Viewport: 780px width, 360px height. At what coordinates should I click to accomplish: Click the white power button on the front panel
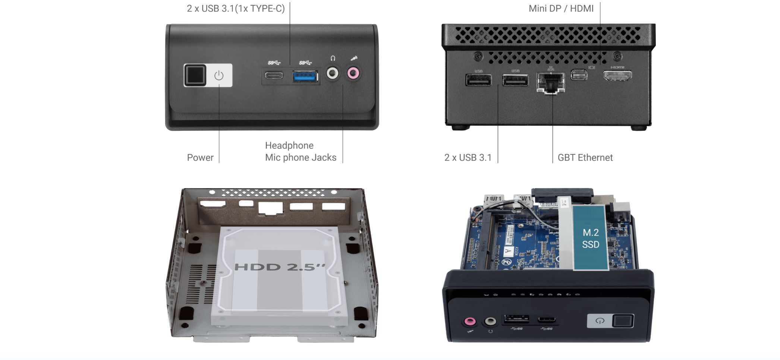point(219,75)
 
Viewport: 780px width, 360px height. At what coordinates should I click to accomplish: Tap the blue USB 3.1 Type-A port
point(305,76)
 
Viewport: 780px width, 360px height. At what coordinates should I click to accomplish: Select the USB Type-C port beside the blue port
point(274,75)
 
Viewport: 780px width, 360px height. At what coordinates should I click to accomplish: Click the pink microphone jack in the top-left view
point(353,73)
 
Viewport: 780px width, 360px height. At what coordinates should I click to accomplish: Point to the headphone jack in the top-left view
point(333,73)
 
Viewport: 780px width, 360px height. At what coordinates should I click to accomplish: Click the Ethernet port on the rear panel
point(551,82)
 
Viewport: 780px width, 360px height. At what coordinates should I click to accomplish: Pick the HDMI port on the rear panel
point(617,76)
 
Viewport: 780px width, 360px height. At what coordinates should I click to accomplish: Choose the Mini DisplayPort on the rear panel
point(579,75)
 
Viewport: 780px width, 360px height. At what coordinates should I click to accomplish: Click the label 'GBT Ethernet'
point(585,158)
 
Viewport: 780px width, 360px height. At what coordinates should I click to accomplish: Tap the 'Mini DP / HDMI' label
point(561,9)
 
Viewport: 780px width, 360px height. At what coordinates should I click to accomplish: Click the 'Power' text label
point(200,158)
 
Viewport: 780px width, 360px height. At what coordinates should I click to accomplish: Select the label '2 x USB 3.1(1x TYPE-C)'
point(236,9)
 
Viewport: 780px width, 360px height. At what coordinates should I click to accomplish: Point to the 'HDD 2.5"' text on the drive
point(280,267)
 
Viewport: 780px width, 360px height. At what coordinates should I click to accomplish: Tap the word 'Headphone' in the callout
point(289,145)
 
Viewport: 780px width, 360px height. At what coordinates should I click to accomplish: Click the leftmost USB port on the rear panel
point(478,80)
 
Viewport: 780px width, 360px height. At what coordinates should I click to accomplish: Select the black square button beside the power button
point(195,75)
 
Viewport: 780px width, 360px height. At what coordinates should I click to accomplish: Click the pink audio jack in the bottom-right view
point(470,321)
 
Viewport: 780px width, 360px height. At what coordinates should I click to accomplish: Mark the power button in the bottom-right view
point(600,321)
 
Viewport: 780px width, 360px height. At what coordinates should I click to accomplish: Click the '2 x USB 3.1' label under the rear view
point(468,158)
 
